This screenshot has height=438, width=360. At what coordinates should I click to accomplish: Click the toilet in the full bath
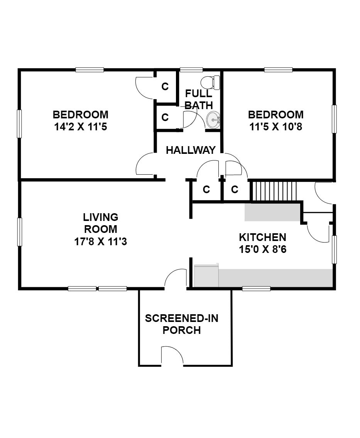coord(210,83)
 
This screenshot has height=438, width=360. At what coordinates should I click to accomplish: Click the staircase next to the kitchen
coord(274,191)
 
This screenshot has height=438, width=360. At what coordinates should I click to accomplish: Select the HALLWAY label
coord(191,150)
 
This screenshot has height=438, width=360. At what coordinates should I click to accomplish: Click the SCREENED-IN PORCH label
coord(182,324)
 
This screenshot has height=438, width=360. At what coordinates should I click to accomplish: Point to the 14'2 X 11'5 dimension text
coord(81,127)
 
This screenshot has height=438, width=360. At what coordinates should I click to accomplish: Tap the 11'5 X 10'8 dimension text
coord(275,127)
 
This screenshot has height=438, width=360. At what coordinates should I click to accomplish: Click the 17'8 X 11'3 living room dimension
coord(101,241)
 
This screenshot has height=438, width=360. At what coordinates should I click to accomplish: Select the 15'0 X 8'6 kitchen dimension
coord(263,249)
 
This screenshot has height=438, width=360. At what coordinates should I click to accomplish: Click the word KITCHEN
coord(263,237)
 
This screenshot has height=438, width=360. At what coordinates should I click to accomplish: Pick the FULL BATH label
coord(199,99)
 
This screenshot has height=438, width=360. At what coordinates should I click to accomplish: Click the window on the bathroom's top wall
coord(191,70)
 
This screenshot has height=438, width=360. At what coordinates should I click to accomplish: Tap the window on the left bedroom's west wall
coord(19,123)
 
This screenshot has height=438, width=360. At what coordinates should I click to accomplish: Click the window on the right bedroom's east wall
coord(334,119)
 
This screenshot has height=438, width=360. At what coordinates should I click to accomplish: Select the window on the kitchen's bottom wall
coord(256,288)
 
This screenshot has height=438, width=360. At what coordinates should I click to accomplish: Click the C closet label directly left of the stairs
coord(235,189)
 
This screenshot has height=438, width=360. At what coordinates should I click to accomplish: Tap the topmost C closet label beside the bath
coord(165,87)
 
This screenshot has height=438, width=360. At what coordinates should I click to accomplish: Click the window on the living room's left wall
coord(19,232)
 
